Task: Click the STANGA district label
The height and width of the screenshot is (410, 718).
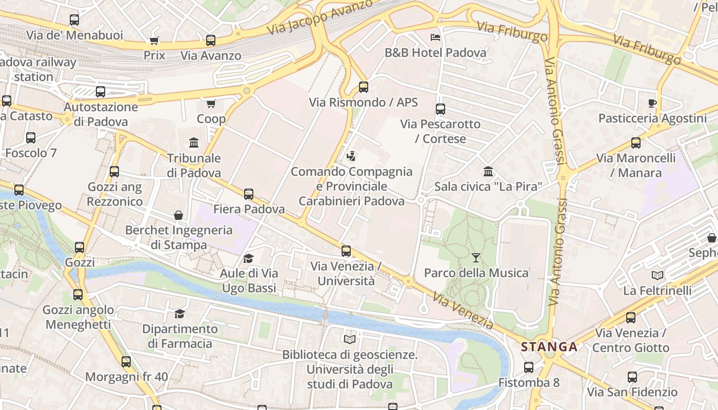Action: click(x=549, y=347)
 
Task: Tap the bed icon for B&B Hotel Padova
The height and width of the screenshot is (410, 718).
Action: click(x=435, y=37)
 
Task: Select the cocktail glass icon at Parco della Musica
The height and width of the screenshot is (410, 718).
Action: click(x=476, y=257)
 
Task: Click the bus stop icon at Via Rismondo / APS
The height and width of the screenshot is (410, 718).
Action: click(x=364, y=87)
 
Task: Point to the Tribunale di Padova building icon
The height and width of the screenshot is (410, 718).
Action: click(x=194, y=142)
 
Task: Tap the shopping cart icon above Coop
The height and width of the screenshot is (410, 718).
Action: click(x=211, y=104)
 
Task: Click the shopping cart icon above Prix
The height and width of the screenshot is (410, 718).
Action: click(x=154, y=40)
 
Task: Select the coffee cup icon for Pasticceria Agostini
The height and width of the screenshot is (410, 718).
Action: click(x=652, y=103)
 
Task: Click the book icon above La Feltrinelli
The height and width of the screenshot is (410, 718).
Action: click(x=657, y=275)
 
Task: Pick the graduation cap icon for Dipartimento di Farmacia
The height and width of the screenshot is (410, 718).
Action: click(x=180, y=313)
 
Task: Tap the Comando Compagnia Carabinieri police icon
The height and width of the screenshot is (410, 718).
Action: click(x=351, y=156)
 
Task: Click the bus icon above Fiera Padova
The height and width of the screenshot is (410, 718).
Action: click(x=249, y=194)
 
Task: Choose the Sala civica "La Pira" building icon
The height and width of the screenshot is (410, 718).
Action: click(x=488, y=171)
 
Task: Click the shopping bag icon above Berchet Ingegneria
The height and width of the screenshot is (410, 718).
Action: click(x=178, y=215)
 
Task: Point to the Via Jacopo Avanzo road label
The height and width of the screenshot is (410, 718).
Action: click(x=320, y=18)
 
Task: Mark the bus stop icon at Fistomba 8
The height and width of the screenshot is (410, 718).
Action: click(x=529, y=367)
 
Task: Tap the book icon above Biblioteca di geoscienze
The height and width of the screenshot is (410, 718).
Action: click(x=350, y=339)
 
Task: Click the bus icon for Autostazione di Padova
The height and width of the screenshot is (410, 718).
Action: click(x=101, y=92)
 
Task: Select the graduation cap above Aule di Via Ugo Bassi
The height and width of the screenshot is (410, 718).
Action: click(x=249, y=258)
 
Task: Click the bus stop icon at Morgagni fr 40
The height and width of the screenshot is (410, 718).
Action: click(x=126, y=362)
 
